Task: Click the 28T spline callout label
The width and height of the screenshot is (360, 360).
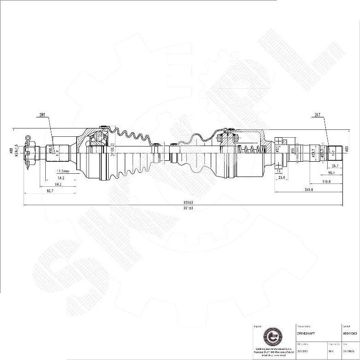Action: tap(43, 114)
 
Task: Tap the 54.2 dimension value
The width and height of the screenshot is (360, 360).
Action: tap(60, 178)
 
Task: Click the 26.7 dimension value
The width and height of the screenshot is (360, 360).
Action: tap(335, 166)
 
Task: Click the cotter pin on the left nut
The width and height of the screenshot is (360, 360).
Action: tap(28, 138)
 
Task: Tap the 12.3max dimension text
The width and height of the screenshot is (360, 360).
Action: tap(60, 171)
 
